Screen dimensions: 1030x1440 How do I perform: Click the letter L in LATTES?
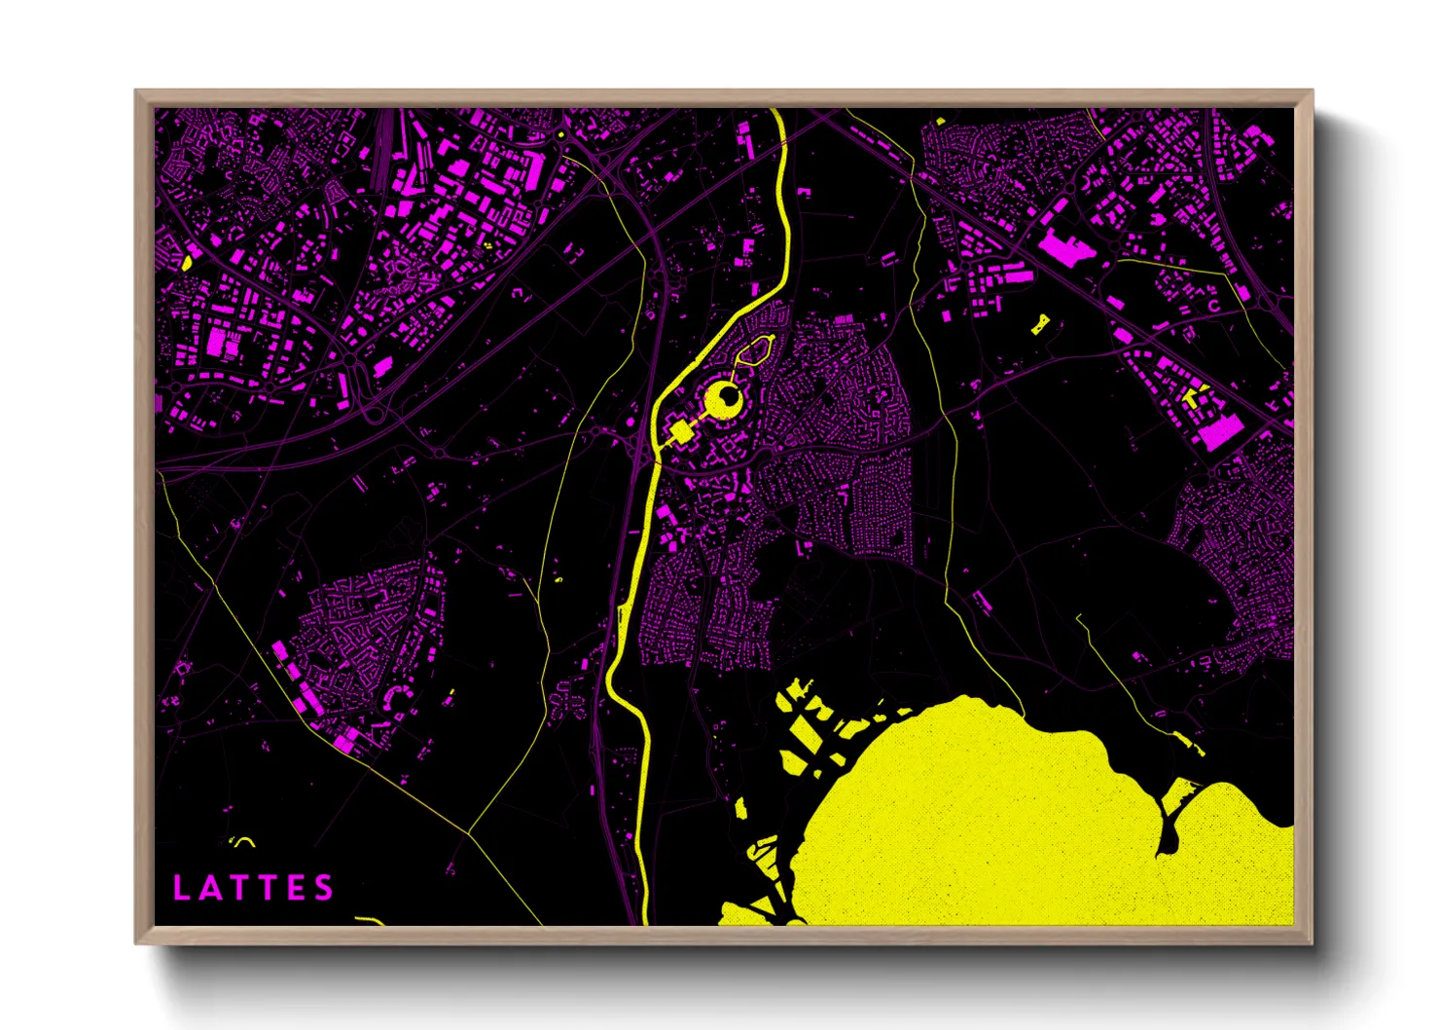pyautogui.click(x=180, y=888)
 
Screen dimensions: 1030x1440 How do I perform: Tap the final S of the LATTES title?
pyautogui.click(x=324, y=888)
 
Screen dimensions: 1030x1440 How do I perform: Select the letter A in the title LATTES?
pyautogui.click(x=208, y=888)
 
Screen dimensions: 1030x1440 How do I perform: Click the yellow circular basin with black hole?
pyautogui.click(x=723, y=399)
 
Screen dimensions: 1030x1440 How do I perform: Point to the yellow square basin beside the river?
pyautogui.click(x=679, y=432)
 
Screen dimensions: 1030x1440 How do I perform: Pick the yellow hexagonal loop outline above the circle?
pyautogui.click(x=756, y=349)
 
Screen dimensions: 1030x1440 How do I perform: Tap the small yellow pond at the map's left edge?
pyautogui.click(x=185, y=262)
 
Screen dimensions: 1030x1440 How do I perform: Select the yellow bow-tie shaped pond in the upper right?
pyautogui.click(x=1040, y=324)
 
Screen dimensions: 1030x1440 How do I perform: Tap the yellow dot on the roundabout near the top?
pyautogui.click(x=561, y=134)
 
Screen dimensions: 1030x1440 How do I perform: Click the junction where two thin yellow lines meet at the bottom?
pyautogui.click(x=470, y=833)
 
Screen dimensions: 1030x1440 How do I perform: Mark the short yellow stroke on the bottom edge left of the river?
pyautogui.click(x=370, y=920)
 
